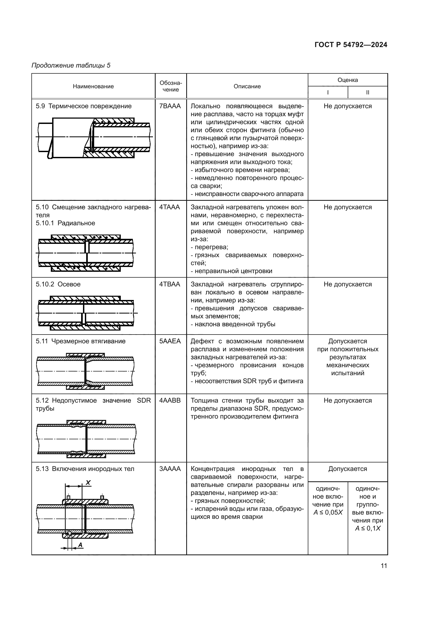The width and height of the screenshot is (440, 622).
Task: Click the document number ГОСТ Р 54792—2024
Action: [x=351, y=45]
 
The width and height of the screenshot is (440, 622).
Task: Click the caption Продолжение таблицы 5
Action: [x=71, y=65]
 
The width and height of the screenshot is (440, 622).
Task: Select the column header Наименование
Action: [x=93, y=86]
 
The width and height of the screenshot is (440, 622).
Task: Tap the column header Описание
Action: [x=247, y=86]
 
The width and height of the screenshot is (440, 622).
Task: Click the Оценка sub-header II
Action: [x=368, y=92]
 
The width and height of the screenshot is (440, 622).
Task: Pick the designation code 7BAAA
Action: [x=170, y=106]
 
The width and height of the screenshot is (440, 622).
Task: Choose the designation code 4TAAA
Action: [x=170, y=207]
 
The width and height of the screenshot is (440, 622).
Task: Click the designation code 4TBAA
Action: [x=170, y=284]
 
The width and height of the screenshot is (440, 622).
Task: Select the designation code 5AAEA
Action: [x=170, y=341]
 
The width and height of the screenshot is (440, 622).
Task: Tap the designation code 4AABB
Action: [x=170, y=400]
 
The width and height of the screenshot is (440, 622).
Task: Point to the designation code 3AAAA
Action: [x=170, y=469]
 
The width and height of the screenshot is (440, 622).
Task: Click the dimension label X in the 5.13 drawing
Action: [x=88, y=482]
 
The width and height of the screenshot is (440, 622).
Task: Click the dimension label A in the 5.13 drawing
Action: [x=80, y=545]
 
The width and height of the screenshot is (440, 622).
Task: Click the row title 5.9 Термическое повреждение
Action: [x=84, y=106]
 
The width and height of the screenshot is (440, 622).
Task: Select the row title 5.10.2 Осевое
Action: [x=58, y=284]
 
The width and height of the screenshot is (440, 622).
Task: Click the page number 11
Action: [x=384, y=566]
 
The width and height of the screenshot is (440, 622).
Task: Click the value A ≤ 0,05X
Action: [x=328, y=512]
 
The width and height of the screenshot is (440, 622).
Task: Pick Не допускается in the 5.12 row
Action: [x=348, y=400]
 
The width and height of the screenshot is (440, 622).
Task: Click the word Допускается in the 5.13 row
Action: [x=348, y=469]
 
